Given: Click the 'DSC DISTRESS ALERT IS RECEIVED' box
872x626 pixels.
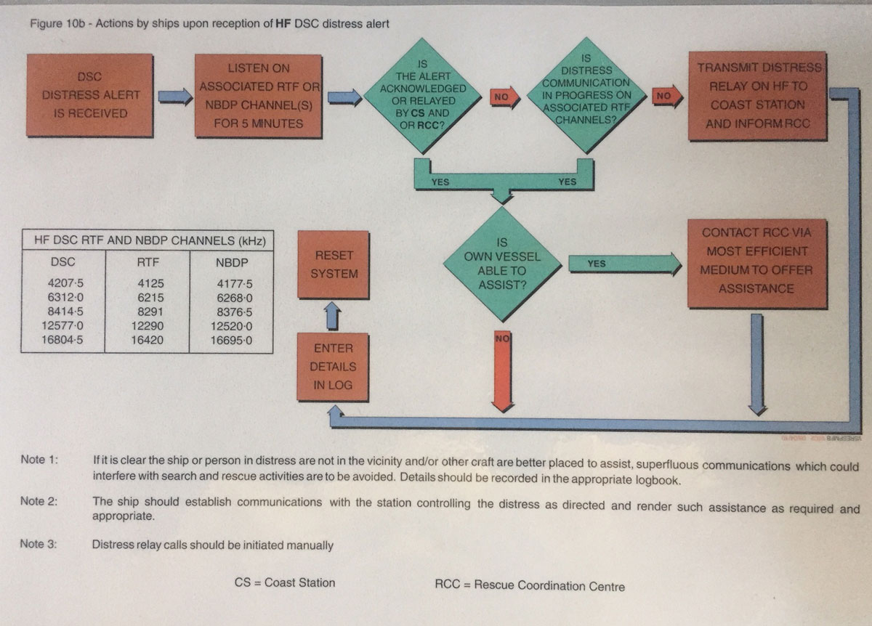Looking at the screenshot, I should tap(91, 95).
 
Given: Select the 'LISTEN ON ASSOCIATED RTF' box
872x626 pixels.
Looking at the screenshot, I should tap(259, 95).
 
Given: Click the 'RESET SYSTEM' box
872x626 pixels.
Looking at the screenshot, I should tap(334, 264).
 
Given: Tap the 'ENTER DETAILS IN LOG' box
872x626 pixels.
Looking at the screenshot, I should tap(334, 367).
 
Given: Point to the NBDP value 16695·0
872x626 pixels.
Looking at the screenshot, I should tap(231, 340).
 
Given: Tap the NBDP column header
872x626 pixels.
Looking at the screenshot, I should tap(231, 261).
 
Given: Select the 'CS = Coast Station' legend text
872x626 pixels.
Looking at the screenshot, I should tap(285, 582).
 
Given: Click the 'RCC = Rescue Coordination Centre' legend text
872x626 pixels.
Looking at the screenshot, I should tap(528, 585).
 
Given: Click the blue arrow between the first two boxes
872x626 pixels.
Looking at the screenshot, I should tap(174, 95).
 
